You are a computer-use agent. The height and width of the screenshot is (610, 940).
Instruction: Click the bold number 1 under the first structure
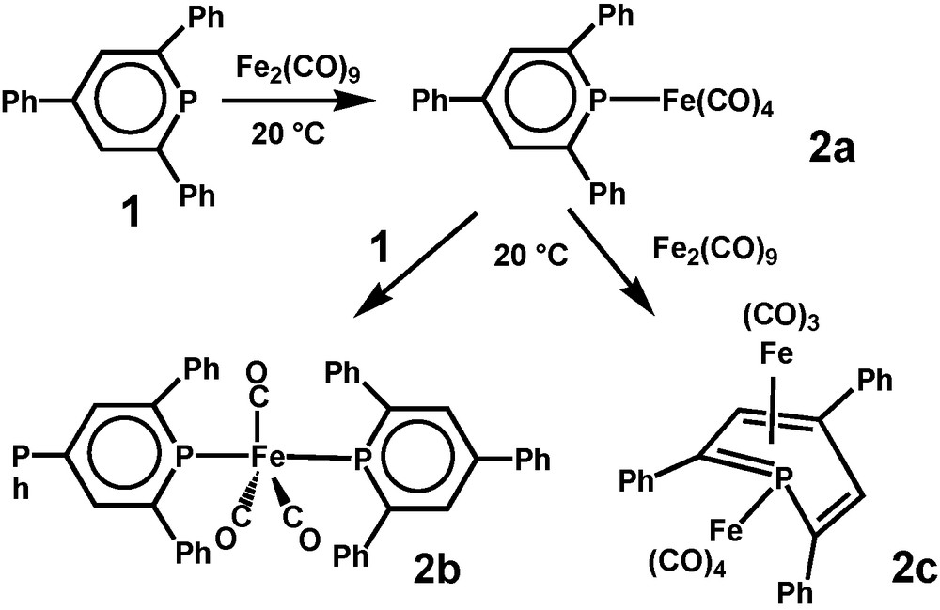[x=133, y=213]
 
